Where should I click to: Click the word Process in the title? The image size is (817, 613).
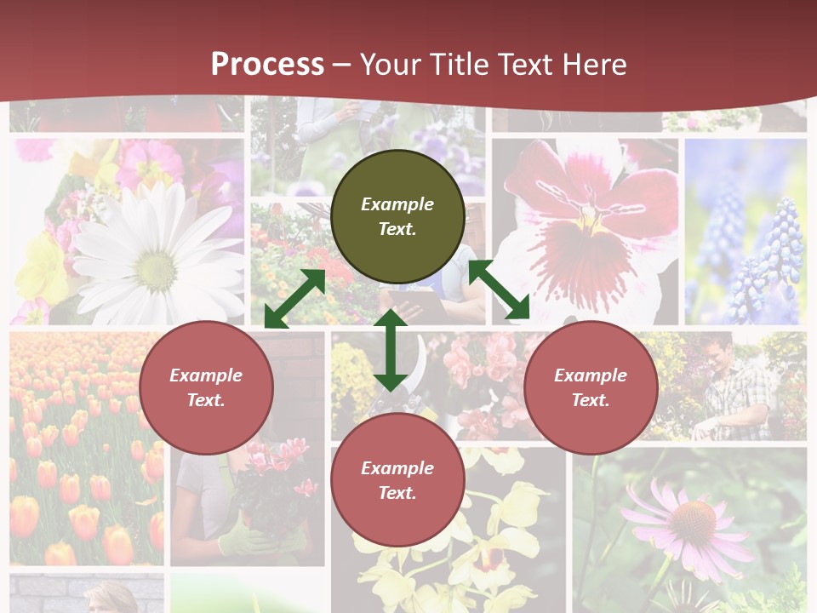pos(267,65)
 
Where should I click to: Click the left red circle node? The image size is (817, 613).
pos(206,387)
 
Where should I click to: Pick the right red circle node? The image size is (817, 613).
pos(591,387)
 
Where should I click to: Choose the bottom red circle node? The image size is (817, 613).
pos(397,480)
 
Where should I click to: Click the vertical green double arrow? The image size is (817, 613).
pos(391,349)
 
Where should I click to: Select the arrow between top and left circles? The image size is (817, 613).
pos(294,299)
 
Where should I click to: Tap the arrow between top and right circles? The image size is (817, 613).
pos(499,290)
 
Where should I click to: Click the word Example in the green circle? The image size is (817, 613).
pos(397,204)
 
